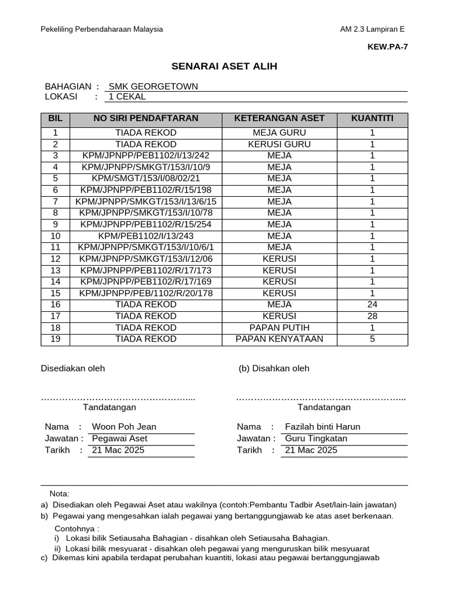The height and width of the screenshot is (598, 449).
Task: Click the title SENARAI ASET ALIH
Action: [x=224, y=67]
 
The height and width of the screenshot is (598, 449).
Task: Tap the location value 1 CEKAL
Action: [x=127, y=97]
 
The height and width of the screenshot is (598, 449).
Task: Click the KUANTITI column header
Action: [x=372, y=119]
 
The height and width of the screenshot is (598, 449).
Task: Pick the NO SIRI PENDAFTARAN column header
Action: [x=146, y=119]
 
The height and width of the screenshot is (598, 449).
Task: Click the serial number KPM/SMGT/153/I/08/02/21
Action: [x=146, y=179]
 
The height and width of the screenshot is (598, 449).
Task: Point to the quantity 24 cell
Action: [x=372, y=305]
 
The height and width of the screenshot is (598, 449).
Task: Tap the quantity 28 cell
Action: [x=372, y=316]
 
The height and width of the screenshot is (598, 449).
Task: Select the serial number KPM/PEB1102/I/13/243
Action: [x=146, y=236]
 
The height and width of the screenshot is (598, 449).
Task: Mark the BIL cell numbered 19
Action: [x=56, y=339]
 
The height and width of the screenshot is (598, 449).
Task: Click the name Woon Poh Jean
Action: [x=125, y=427]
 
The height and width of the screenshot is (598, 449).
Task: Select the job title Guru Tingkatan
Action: [x=316, y=439]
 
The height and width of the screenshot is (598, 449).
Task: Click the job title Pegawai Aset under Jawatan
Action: [x=120, y=439]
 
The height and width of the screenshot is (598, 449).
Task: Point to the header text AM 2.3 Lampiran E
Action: [x=372, y=30]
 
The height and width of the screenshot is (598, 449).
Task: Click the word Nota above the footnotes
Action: [x=59, y=493]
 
